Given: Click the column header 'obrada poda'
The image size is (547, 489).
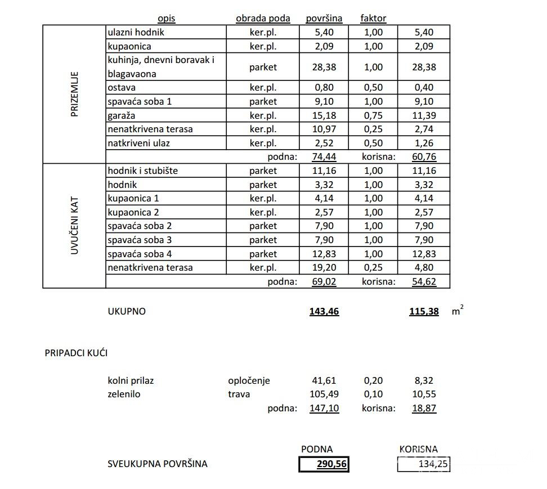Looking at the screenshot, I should tap(263, 18).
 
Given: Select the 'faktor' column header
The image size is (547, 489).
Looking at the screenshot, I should tap(373, 18).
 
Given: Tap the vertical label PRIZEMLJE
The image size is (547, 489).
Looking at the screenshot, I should tap(75, 94).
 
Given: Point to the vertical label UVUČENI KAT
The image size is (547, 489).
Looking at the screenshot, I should tap(75, 226).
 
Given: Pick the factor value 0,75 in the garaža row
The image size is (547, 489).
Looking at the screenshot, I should tap(373, 115).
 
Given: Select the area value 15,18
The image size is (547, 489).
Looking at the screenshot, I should tap(324, 115).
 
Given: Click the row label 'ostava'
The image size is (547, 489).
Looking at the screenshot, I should tap(122, 88).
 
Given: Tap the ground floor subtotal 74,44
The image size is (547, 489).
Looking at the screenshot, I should tap(324, 157).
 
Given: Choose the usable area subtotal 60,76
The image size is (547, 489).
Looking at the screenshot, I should tap(424, 157).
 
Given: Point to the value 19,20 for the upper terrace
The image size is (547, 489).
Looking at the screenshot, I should tap(324, 267).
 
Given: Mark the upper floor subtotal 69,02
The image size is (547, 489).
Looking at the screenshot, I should tap(324, 281).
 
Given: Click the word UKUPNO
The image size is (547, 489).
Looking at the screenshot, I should tap(127, 311).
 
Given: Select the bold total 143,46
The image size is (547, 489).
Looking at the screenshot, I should tap(324, 311).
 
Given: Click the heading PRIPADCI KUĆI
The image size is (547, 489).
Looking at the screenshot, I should tap(76, 353).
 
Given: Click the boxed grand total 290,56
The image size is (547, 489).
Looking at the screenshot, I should tap(324, 464).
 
